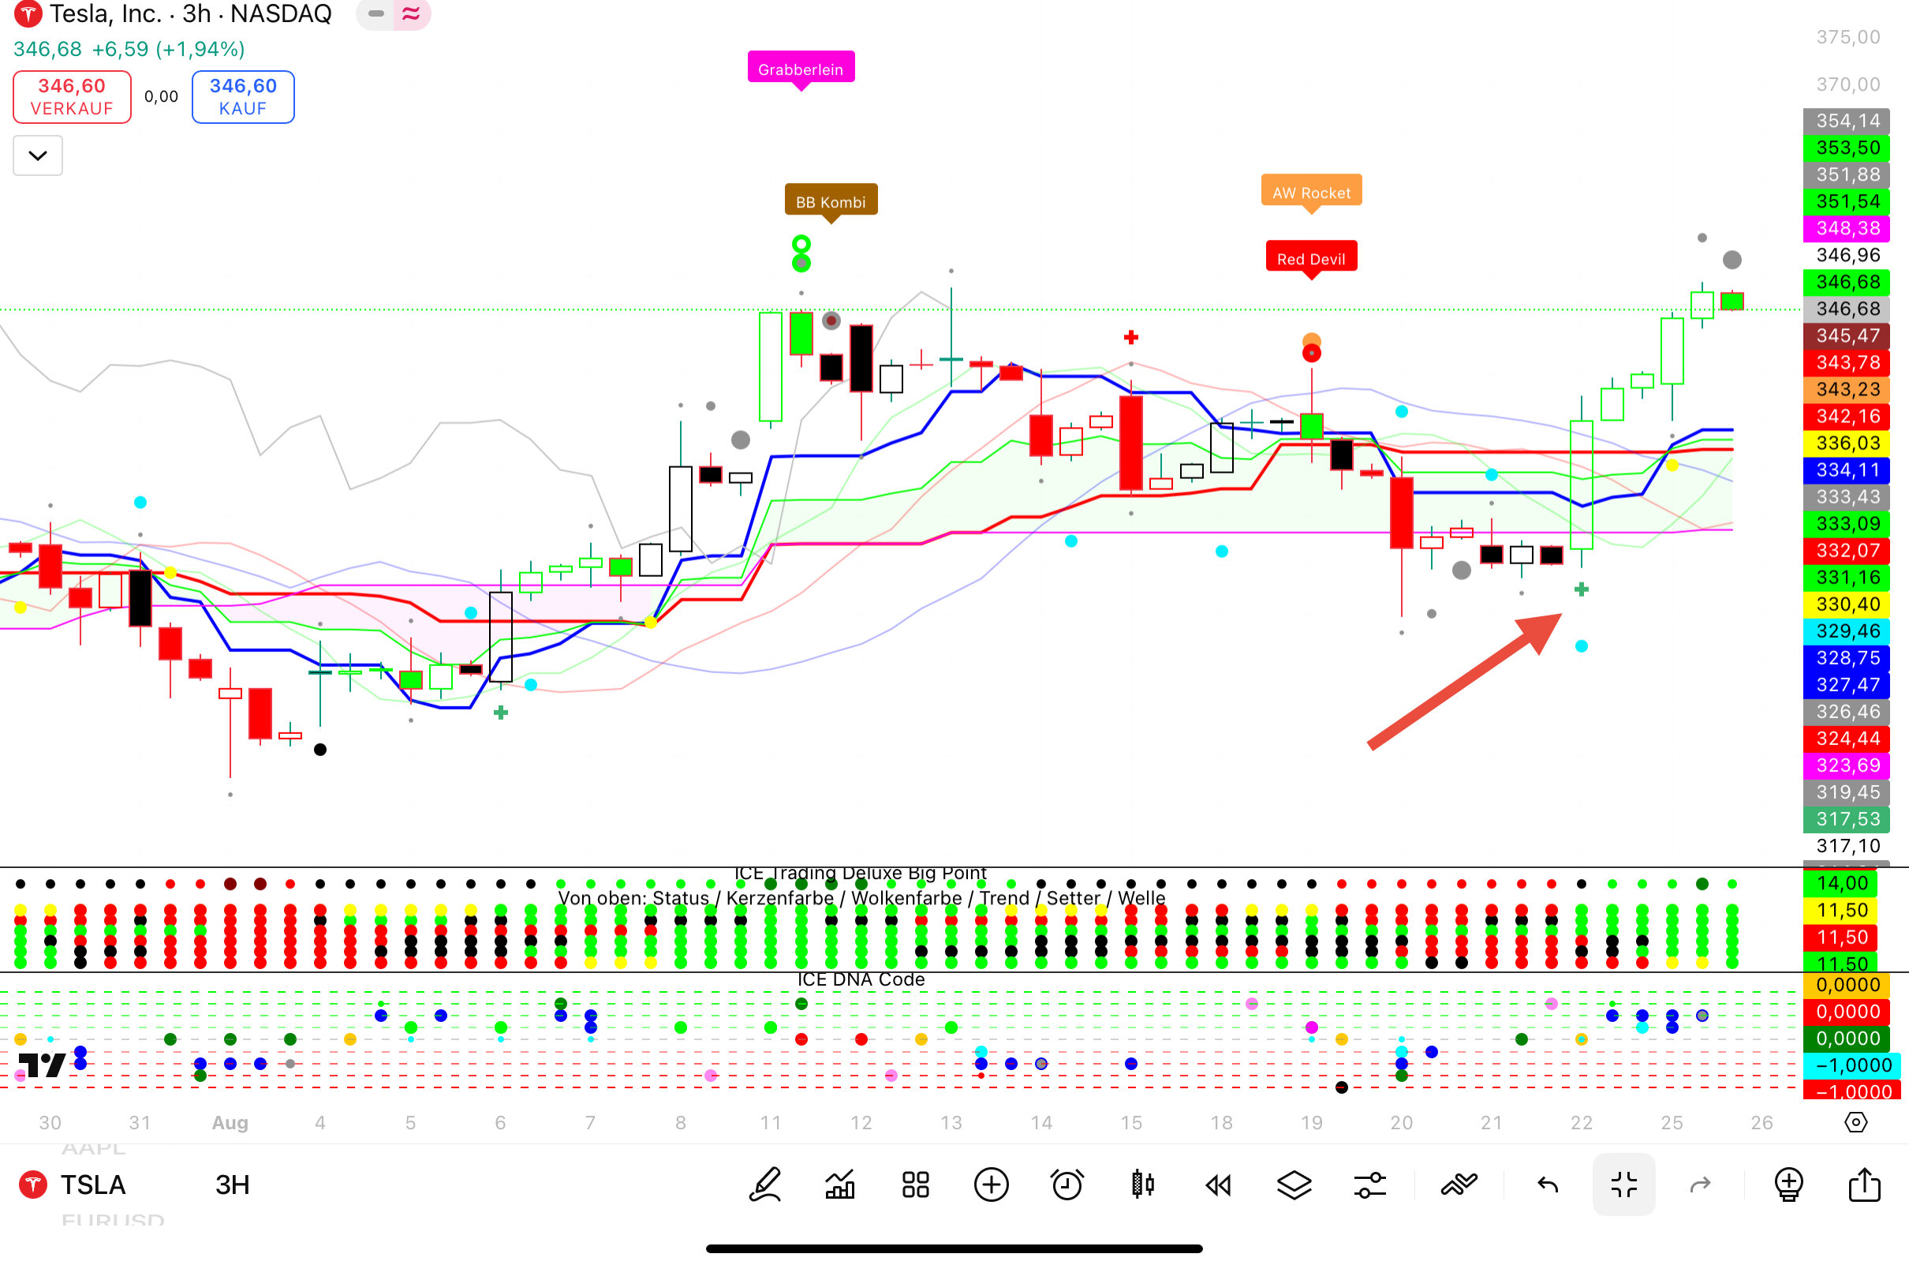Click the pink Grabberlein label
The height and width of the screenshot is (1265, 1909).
(800, 69)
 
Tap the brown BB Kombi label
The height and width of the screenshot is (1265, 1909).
(830, 201)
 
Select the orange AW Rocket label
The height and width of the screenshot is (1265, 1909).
(1310, 192)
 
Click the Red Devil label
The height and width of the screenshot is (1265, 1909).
(1310, 258)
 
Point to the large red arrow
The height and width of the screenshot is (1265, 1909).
(1464, 682)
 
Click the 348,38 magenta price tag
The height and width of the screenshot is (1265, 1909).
(1847, 228)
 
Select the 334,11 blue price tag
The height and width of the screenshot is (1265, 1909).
(1847, 470)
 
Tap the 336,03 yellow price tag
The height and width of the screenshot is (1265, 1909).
(1847, 443)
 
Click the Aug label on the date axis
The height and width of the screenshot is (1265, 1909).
(230, 1122)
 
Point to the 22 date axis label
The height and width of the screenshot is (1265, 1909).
(1581, 1122)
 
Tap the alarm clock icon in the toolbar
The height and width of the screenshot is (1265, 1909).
(1067, 1185)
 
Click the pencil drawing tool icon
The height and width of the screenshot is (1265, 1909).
(764, 1185)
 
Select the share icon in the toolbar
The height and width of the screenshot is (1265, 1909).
(1864, 1185)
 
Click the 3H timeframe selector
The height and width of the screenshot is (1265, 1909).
(232, 1185)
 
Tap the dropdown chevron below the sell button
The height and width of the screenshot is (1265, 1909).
(38, 155)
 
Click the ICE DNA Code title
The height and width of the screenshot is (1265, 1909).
(861, 979)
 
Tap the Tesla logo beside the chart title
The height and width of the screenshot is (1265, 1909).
(28, 13)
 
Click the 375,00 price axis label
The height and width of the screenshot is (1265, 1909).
(1847, 37)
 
